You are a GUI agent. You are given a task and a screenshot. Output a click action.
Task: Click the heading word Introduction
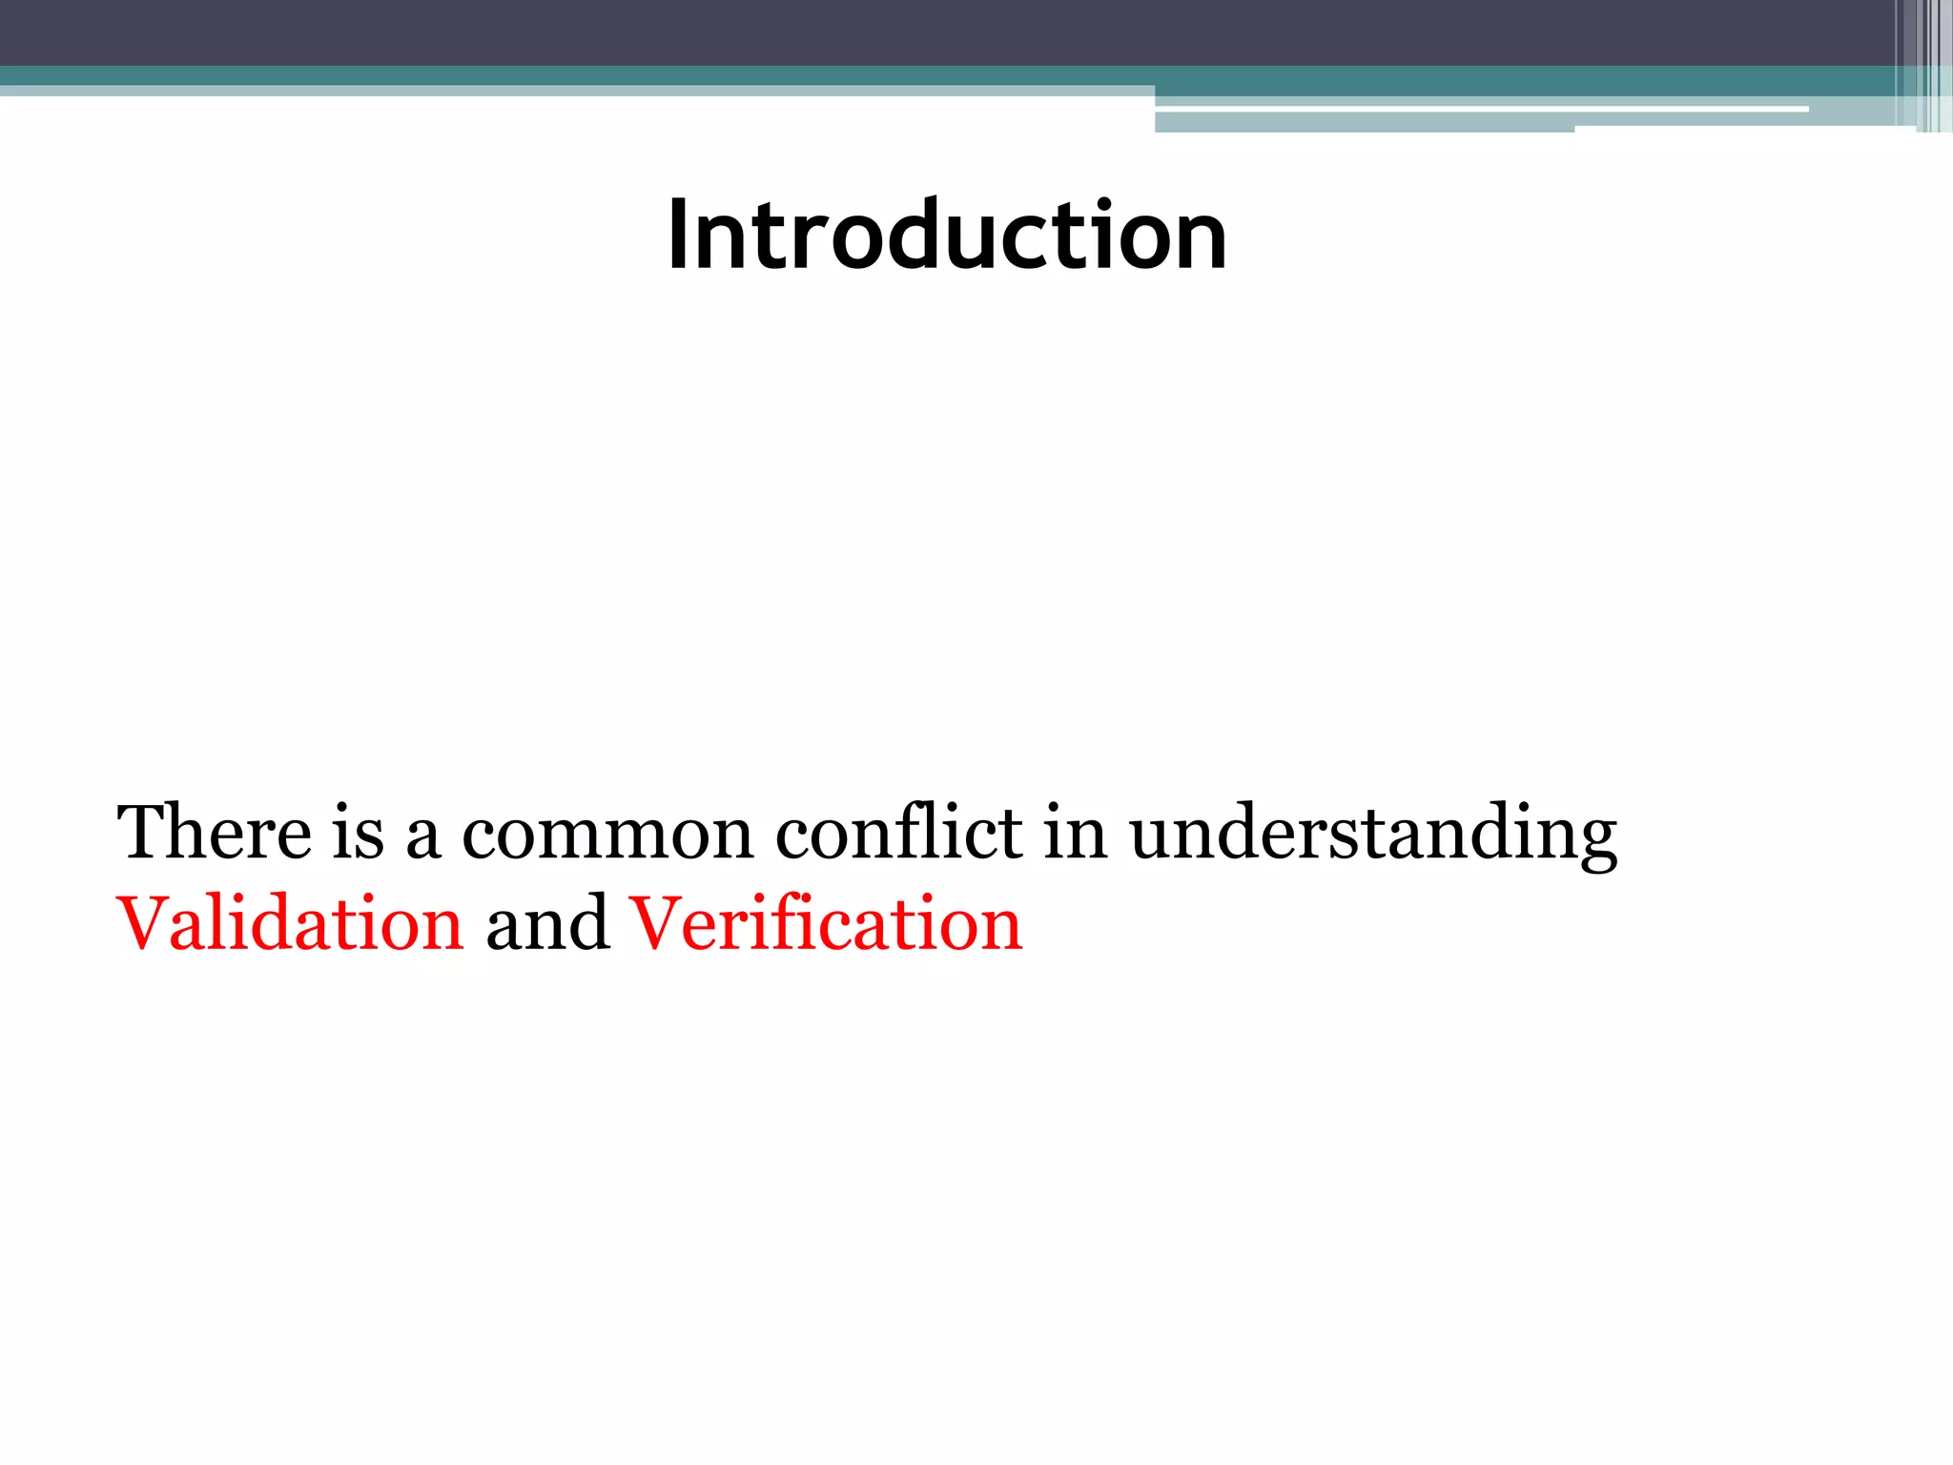coord(947,235)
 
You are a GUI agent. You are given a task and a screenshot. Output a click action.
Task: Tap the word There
coord(214,833)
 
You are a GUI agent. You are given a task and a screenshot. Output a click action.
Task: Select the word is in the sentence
coord(358,833)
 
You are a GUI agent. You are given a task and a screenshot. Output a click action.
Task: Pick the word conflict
coord(898,833)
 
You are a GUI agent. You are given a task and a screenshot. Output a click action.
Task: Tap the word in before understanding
coord(1075,833)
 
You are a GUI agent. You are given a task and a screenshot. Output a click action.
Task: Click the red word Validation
coord(290,923)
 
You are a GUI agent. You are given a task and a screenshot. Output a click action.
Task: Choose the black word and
coord(547,923)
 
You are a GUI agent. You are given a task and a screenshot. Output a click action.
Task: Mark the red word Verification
coord(826,923)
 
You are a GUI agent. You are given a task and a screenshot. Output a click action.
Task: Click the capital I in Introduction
coord(678,235)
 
